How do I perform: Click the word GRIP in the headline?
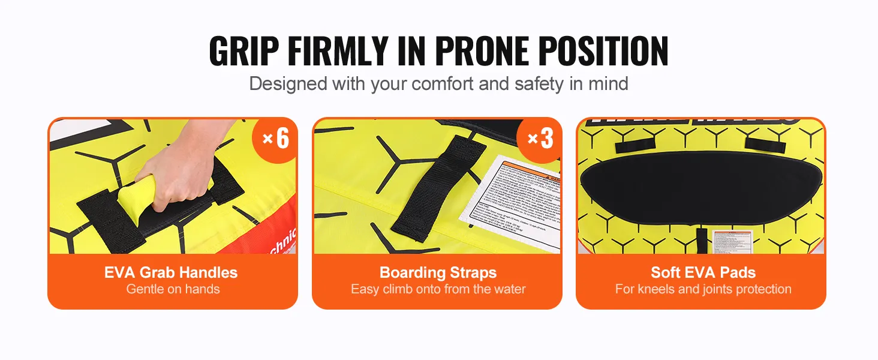tap(244, 51)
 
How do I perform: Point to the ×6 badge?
tap(276, 139)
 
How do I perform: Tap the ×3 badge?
tap(540, 139)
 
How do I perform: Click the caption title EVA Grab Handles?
tap(171, 272)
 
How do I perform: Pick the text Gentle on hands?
tap(173, 289)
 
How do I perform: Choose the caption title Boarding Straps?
tap(438, 272)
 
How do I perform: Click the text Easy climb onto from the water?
tap(438, 289)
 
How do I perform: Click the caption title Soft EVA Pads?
tap(703, 272)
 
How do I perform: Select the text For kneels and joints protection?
tap(703, 289)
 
